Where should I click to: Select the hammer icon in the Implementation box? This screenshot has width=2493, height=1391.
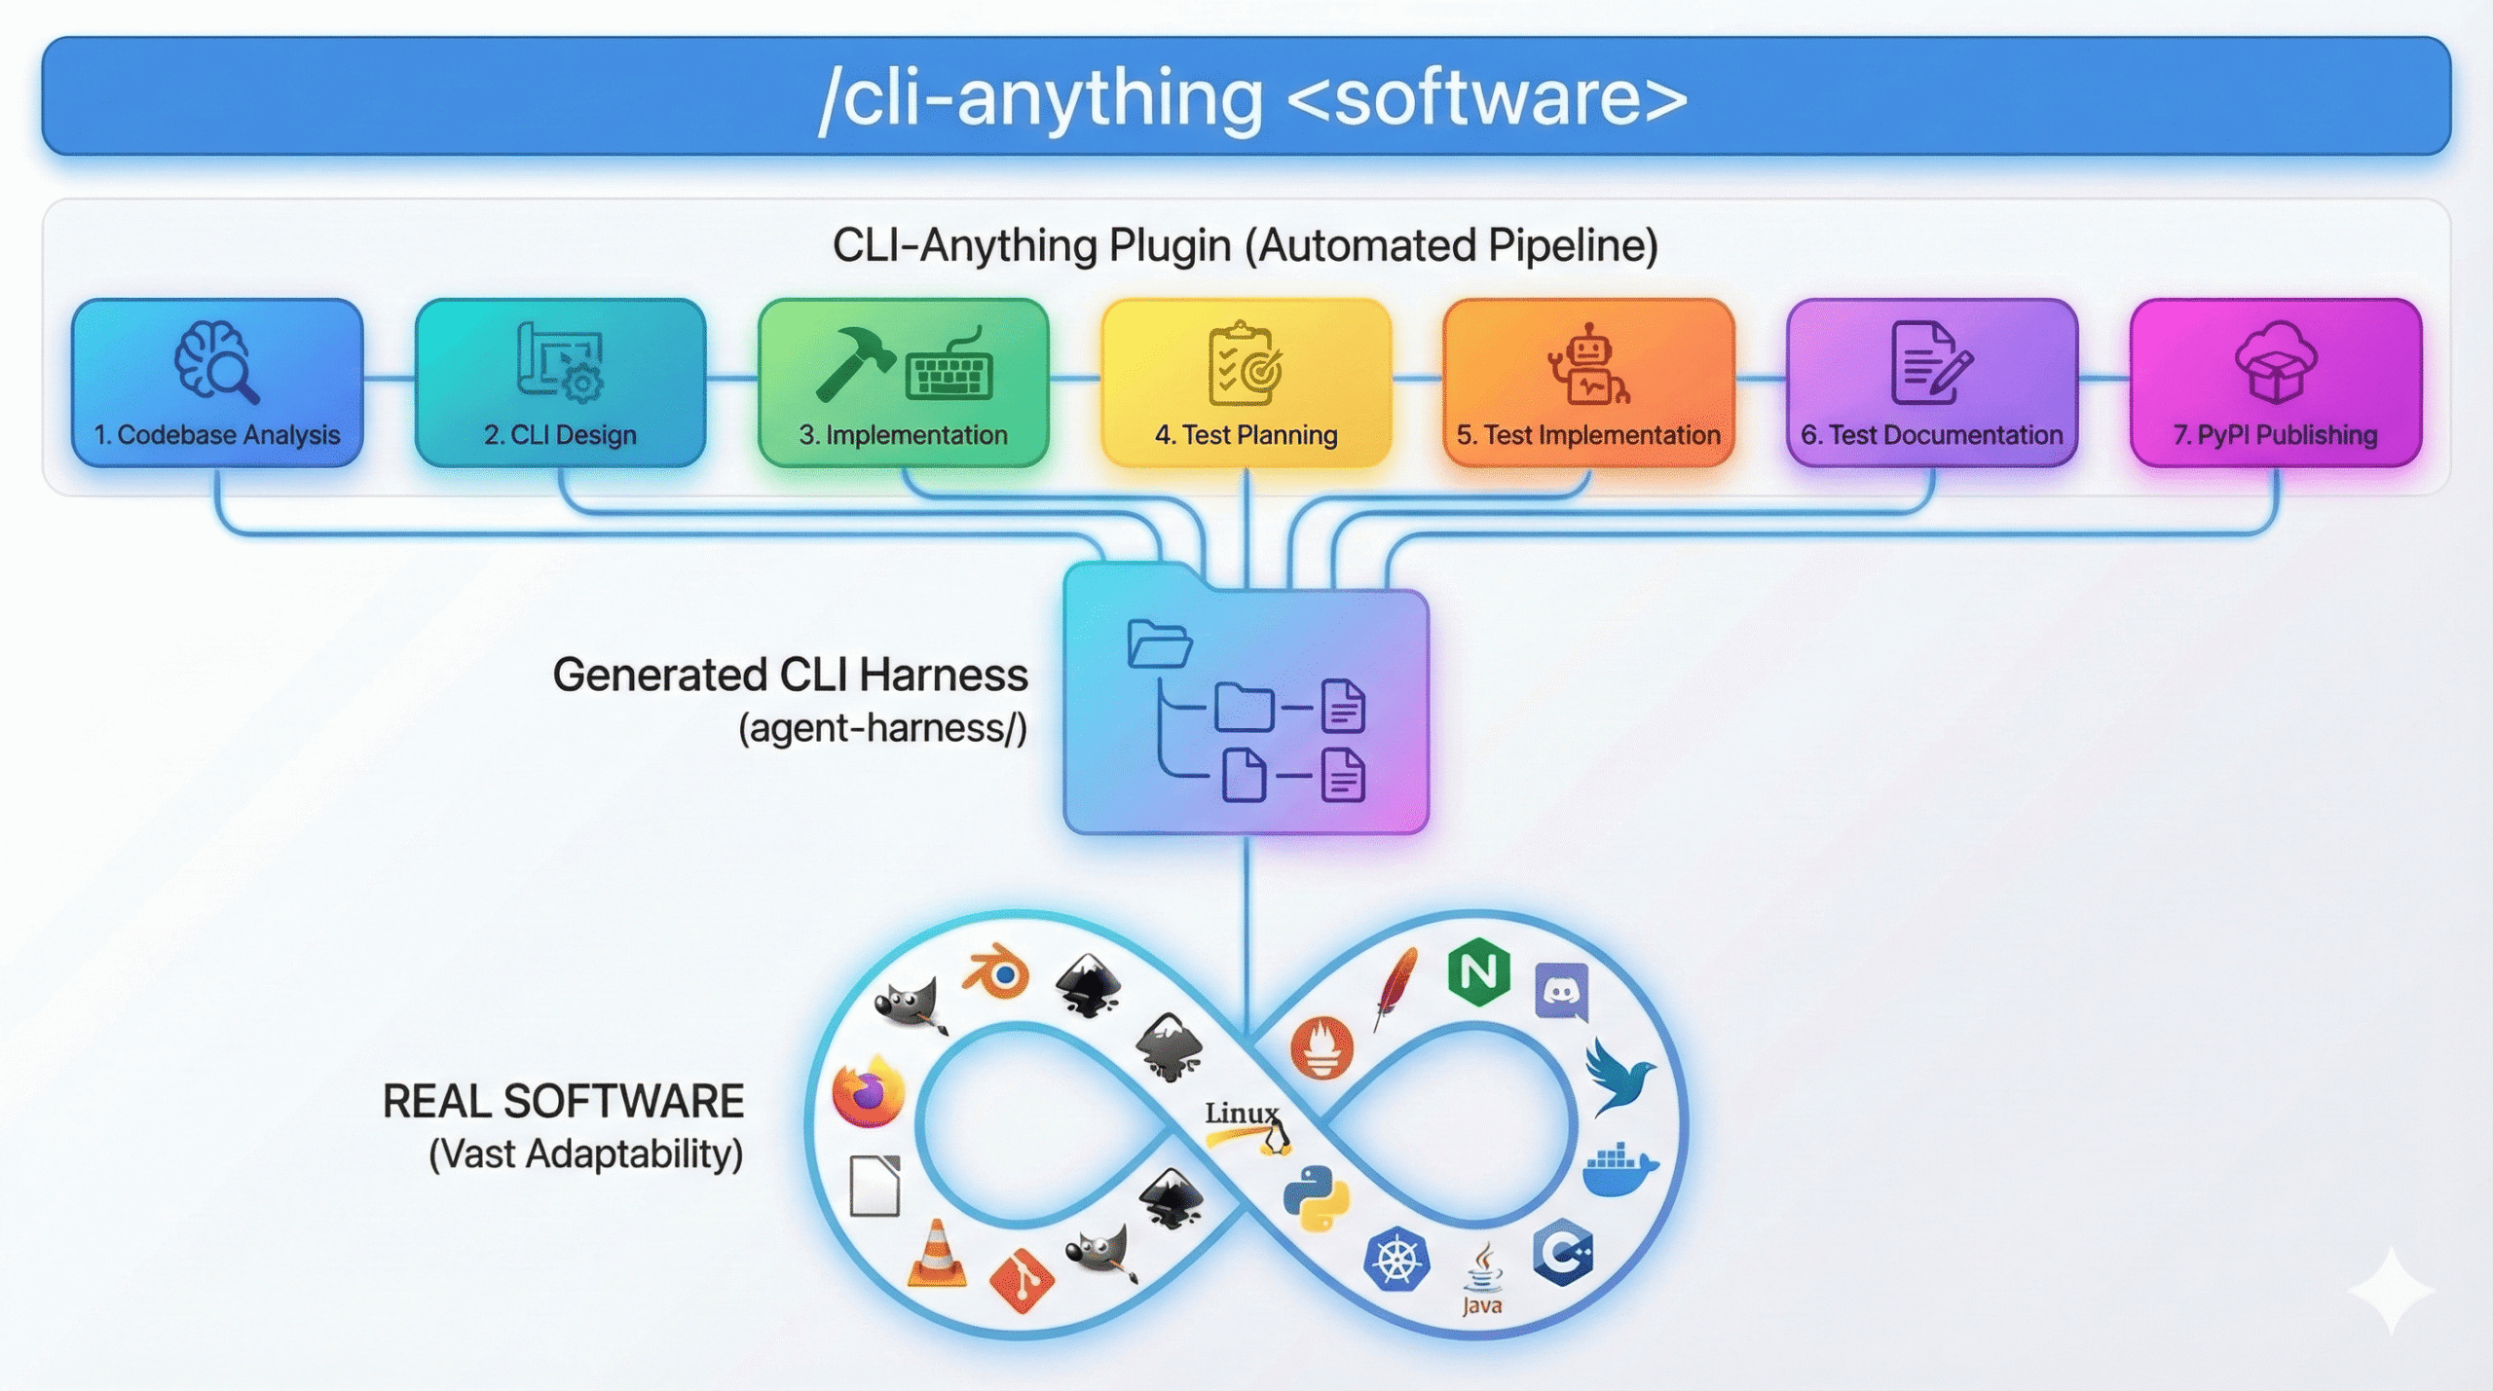[x=854, y=362]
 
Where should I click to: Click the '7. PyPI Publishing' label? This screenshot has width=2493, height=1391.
[x=2275, y=434]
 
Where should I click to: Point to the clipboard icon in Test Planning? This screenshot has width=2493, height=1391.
[x=1245, y=363]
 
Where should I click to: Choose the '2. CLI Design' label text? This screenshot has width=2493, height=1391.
[x=560, y=434]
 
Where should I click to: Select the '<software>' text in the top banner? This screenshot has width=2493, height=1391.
[x=1487, y=98]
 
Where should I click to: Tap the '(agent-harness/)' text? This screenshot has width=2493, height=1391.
[x=882, y=728]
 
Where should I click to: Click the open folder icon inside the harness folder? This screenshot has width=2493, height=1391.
[x=1159, y=643]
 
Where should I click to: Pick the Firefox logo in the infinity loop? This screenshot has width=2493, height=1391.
[x=868, y=1092]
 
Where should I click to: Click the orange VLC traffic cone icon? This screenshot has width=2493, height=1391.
[x=937, y=1255]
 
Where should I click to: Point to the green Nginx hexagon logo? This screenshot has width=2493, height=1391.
[x=1478, y=971]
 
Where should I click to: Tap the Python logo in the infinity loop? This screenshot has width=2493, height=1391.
[x=1316, y=1198]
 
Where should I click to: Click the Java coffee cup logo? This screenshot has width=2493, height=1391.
[x=1482, y=1276]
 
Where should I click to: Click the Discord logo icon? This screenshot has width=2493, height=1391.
[x=1561, y=991]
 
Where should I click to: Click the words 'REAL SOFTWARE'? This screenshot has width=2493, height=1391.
[x=563, y=1102]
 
